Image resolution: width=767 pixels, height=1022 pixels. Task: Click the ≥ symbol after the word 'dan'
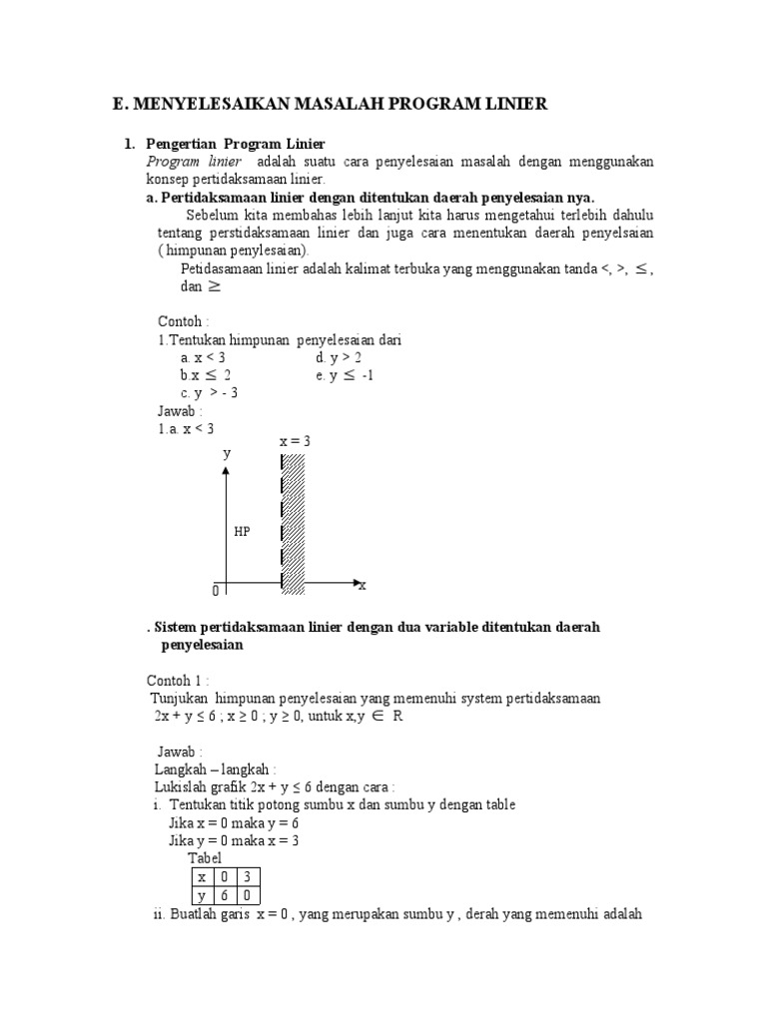coord(215,285)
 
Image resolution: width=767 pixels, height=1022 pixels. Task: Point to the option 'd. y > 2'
coord(339,357)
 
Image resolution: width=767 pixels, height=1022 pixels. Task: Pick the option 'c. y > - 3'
coord(209,392)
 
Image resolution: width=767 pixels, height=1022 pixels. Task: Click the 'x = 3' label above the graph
coord(295,440)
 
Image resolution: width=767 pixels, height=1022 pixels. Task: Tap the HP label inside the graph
coord(242,532)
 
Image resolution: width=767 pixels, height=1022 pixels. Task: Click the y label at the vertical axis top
coord(227,452)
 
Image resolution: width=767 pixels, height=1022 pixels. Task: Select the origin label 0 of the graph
coord(215,592)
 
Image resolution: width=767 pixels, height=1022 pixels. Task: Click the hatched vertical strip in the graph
coord(293,524)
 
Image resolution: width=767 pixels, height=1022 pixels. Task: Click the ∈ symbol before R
coord(378,717)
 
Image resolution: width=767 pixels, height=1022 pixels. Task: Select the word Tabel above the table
coord(205,858)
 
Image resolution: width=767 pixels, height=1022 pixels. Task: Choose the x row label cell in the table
coord(202,876)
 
